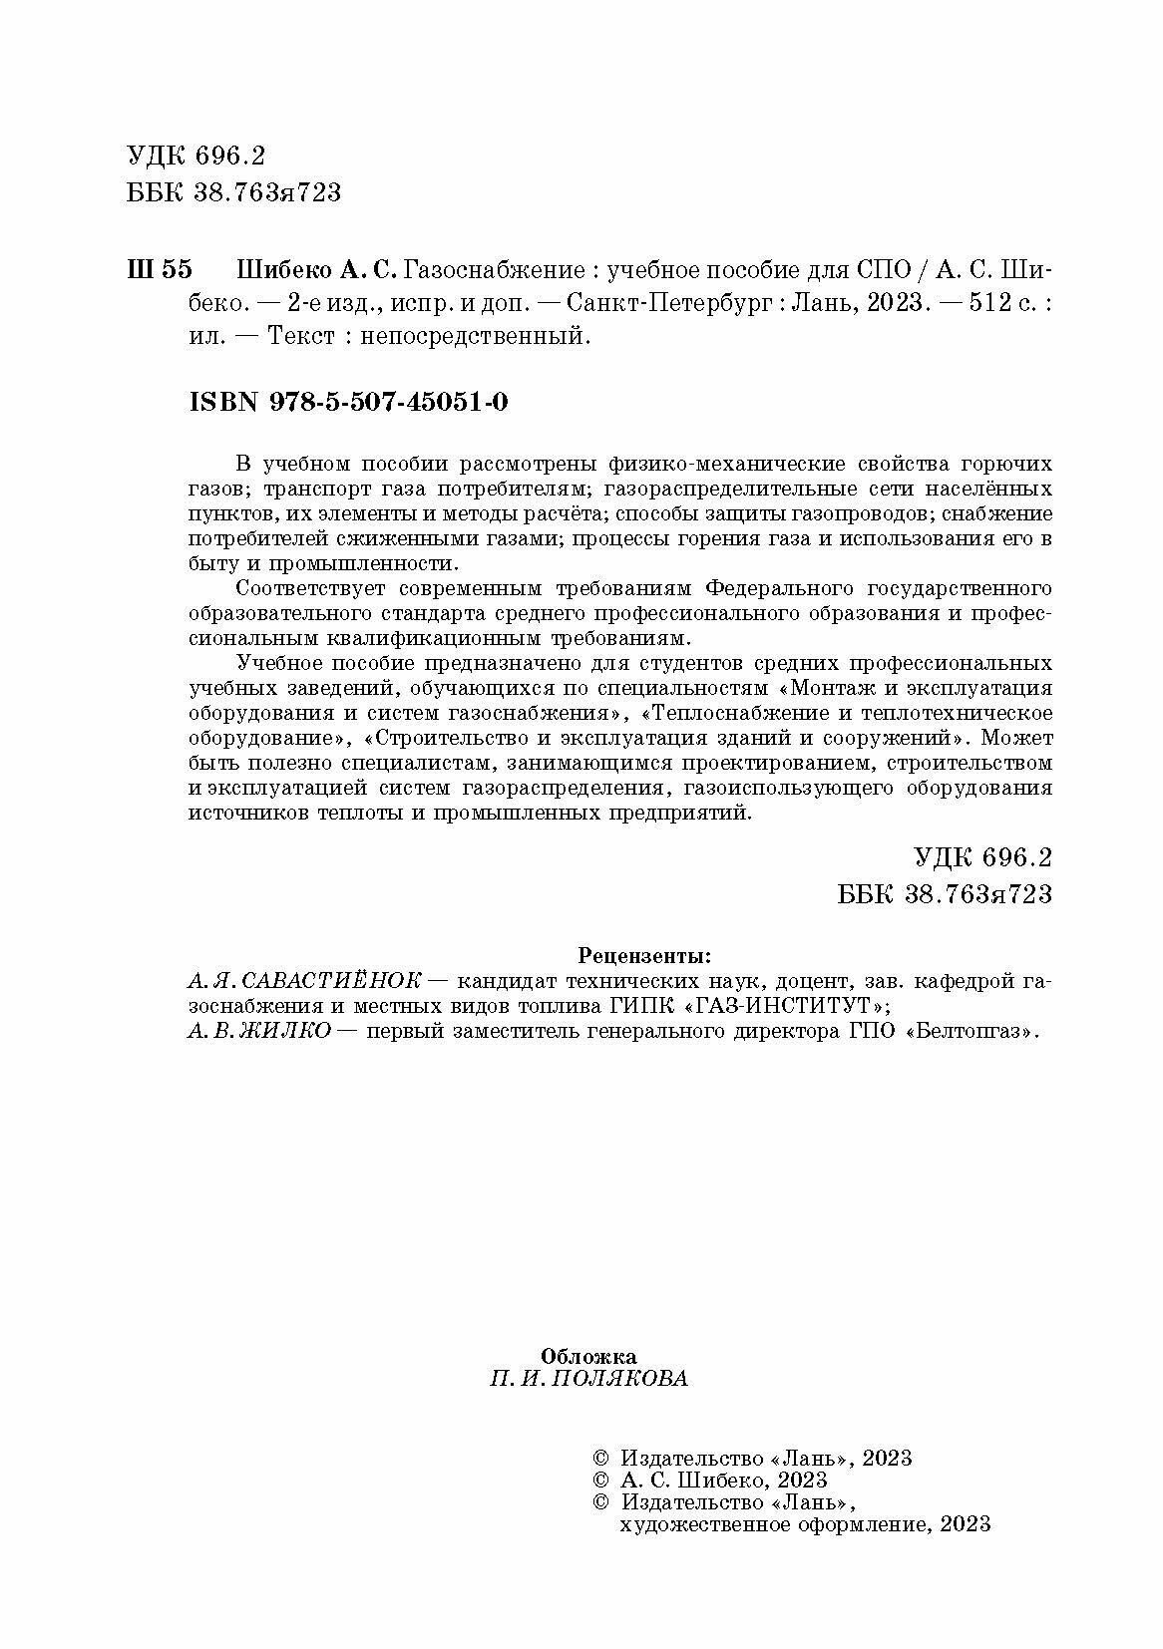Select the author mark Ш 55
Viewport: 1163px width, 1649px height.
pyautogui.click(x=160, y=270)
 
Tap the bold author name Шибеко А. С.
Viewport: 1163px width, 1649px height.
pyautogui.click(x=317, y=270)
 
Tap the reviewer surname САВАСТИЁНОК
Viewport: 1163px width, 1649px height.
pyautogui.click(x=340, y=980)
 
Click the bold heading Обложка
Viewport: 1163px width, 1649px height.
pyautogui.click(x=588, y=1356)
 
